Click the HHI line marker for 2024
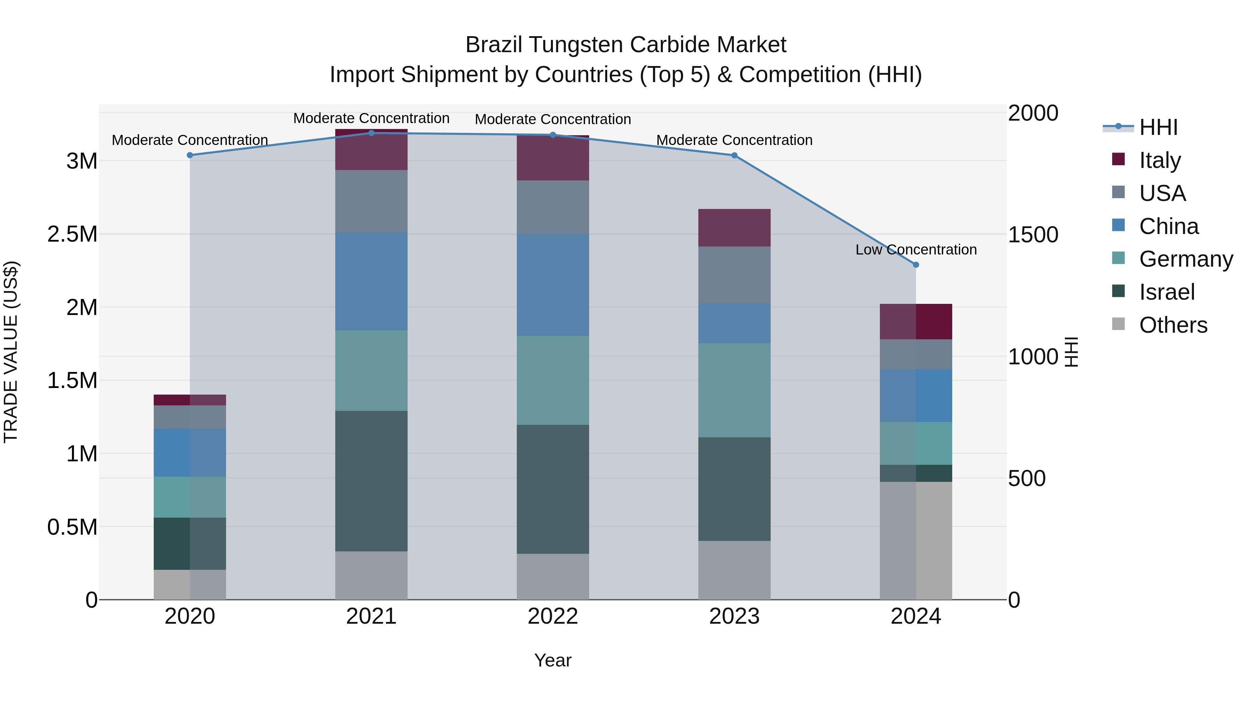[916, 265]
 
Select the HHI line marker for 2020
[190, 155]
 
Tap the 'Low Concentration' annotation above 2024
[916, 249]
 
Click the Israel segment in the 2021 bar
[371, 481]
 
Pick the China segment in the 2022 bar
[553, 285]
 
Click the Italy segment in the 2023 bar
[735, 227]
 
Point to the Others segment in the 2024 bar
[916, 540]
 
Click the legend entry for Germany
[1186, 259]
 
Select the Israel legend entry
[1166, 292]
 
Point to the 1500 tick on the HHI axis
[1033, 235]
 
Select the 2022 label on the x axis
[553, 616]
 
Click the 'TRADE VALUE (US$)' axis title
[11, 352]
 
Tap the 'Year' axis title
[553, 660]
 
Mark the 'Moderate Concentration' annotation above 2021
[371, 118]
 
